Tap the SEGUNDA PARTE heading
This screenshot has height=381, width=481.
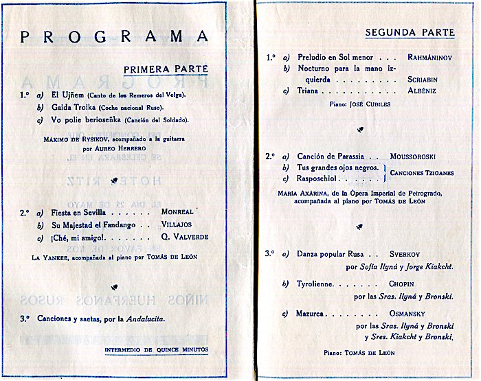click(410, 32)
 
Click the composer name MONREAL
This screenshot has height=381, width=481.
click(177, 213)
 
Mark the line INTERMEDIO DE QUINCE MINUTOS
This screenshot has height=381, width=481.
click(156, 350)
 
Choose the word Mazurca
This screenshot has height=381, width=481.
click(313, 314)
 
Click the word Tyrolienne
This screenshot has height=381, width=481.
click(317, 284)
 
